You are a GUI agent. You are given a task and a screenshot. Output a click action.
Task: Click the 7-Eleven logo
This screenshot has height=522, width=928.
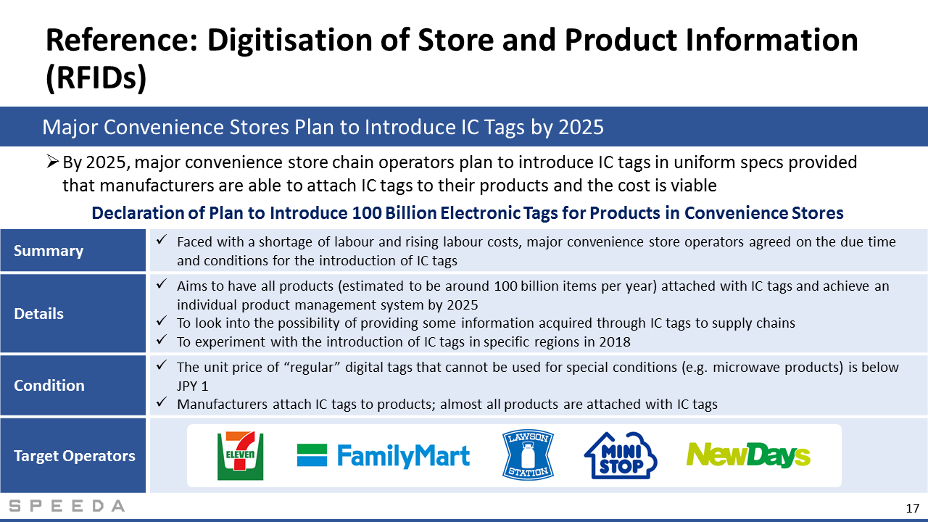[x=240, y=456]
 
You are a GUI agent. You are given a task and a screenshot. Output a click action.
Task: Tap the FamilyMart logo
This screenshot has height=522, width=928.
[x=384, y=455]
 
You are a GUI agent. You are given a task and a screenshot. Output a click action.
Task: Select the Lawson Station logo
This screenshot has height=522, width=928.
[x=528, y=455]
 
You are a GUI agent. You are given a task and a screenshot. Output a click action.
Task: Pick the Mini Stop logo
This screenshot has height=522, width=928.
[x=620, y=456]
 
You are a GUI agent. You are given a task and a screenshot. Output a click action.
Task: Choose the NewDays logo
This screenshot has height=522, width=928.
[x=748, y=455]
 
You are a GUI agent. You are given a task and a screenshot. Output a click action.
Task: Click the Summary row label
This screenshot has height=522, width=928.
[x=49, y=251]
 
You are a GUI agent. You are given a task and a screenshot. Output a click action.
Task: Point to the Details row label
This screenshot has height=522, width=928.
[x=38, y=314]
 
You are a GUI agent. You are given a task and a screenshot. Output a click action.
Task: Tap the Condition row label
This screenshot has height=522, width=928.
[x=49, y=385]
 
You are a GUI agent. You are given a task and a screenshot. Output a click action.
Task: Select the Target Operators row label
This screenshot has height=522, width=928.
[x=75, y=456]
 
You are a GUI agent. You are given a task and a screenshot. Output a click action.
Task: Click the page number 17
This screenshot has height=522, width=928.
[x=912, y=508]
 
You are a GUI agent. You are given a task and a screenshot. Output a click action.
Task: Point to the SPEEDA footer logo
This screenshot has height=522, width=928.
[x=67, y=506]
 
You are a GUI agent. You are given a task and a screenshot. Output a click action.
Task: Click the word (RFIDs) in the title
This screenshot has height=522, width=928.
[x=96, y=78]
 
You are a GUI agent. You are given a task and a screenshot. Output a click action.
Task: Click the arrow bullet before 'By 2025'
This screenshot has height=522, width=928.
[x=53, y=162]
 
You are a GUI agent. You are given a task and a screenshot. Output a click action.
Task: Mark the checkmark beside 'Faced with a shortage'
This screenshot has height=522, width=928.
[x=161, y=239]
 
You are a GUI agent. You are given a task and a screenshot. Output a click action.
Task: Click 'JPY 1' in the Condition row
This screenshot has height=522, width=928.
[x=193, y=386]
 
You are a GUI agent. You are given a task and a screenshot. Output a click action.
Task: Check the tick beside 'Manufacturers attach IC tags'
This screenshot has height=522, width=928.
[x=161, y=402]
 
